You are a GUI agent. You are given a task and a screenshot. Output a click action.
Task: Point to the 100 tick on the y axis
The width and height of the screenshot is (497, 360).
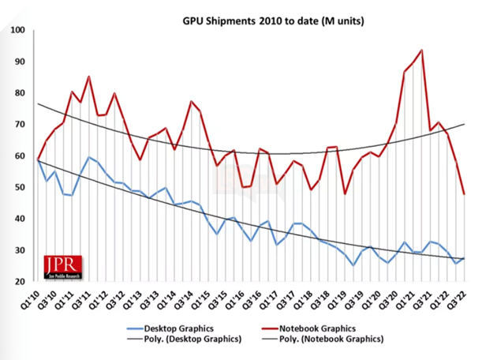pos(17,31)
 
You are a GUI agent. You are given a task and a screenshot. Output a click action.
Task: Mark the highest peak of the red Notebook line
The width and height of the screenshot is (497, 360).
pos(422,51)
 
